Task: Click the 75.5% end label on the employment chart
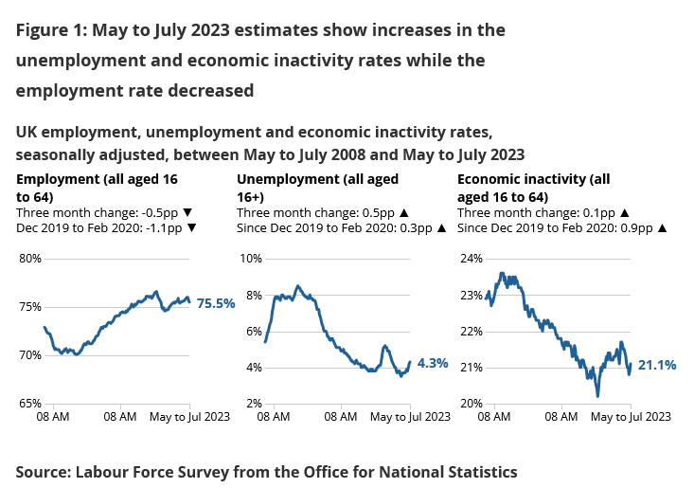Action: pyautogui.click(x=215, y=304)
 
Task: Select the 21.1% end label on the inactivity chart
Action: pyautogui.click(x=656, y=365)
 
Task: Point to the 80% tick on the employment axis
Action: pyautogui.click(x=30, y=259)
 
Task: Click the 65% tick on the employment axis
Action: pyautogui.click(x=30, y=404)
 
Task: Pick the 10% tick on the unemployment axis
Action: pyautogui.click(x=250, y=259)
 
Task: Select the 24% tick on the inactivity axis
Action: pyautogui.click(x=471, y=259)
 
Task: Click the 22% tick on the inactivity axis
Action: pyautogui.click(x=471, y=332)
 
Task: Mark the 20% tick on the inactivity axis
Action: pyautogui.click(x=471, y=404)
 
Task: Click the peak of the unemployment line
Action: pyautogui.click(x=297, y=285)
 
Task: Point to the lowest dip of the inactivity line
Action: pyautogui.click(x=597, y=395)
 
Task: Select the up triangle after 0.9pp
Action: pyautogui.click(x=662, y=228)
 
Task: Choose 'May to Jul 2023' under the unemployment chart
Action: pyautogui.click(x=409, y=417)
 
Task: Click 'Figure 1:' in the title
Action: pyautogui.click(x=52, y=30)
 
